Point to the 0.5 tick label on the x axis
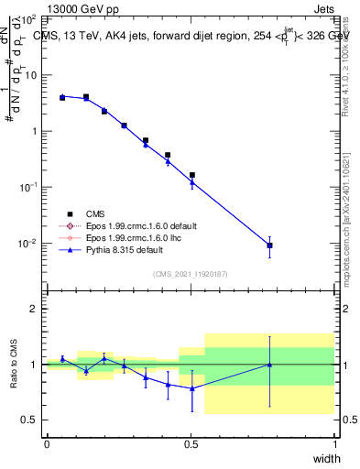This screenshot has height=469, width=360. coord(191,444)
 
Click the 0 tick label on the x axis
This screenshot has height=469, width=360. coord(47,444)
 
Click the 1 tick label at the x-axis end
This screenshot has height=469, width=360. coord(334,444)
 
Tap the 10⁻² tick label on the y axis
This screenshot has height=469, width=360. coord(27,244)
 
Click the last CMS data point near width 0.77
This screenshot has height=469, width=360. coord(269,245)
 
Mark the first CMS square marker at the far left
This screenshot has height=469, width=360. coord(62,97)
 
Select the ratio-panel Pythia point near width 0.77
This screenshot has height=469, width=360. coord(269,365)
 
